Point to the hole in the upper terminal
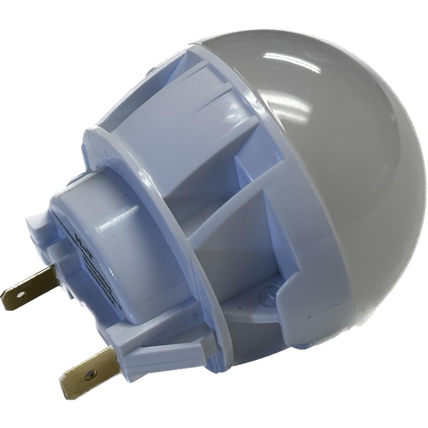pos(20,294)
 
